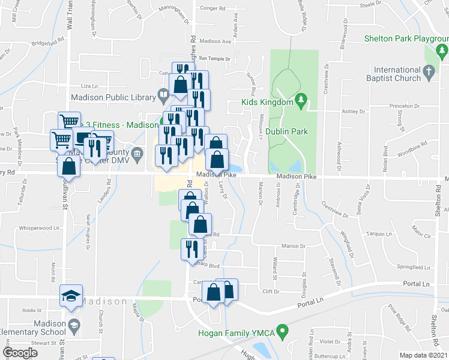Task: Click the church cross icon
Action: (428, 73)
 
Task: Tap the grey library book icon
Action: (163, 95)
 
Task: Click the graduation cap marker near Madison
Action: (71, 296)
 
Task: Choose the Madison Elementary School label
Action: (33, 328)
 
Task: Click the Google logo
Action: (20, 353)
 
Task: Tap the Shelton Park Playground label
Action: (406, 39)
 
